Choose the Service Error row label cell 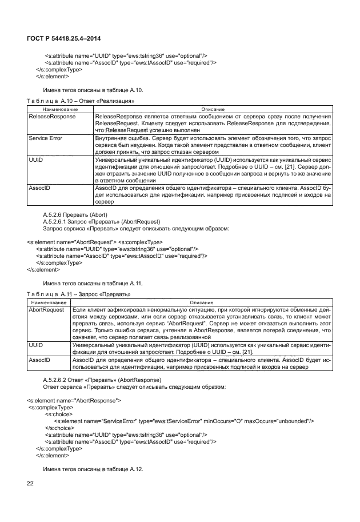45,138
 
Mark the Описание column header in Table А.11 201,302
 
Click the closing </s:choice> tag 59,427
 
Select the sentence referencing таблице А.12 93,468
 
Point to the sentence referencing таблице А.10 93,90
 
